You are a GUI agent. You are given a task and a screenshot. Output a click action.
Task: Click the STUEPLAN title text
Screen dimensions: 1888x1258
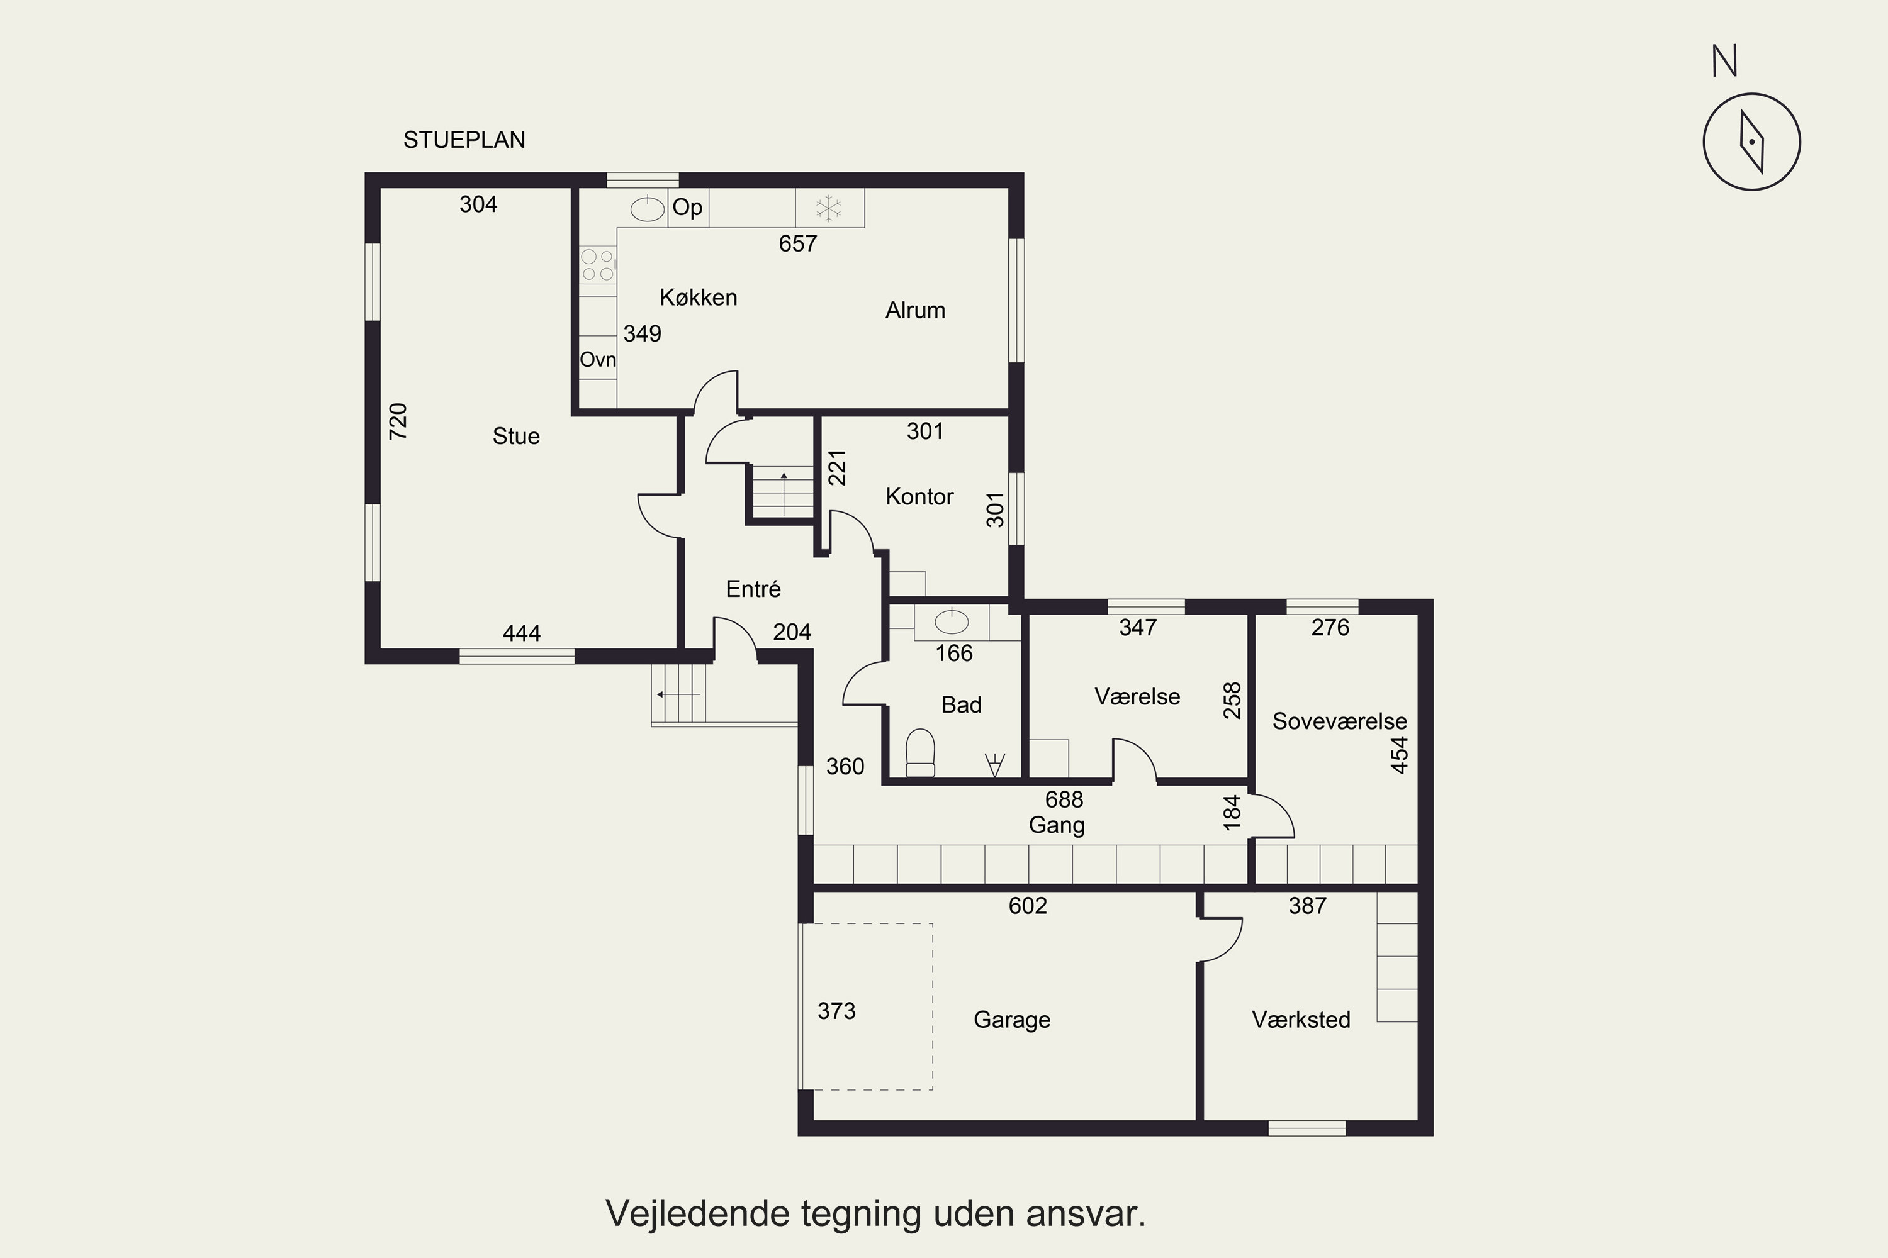click(x=464, y=140)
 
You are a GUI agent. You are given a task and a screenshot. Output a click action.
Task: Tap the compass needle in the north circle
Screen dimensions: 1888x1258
click(x=1751, y=142)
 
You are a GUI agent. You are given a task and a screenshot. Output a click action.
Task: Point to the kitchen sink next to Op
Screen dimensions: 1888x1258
click(x=647, y=209)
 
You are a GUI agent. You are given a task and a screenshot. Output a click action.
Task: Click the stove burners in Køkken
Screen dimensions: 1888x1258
click(x=597, y=265)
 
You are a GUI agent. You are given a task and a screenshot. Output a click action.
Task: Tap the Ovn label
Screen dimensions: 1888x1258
click(x=598, y=359)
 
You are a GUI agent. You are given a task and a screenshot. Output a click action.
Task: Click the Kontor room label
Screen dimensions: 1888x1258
click(x=919, y=497)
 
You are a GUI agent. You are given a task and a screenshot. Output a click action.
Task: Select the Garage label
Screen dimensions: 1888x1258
click(x=1011, y=1020)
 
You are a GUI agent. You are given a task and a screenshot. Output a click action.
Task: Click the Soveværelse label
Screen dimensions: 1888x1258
click(x=1340, y=721)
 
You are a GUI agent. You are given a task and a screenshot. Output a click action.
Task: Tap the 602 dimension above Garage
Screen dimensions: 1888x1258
click(x=1028, y=906)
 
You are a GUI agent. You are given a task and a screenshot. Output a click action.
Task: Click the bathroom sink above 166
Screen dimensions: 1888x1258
click(x=952, y=622)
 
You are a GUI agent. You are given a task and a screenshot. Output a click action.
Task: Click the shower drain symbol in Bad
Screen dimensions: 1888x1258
click(x=994, y=765)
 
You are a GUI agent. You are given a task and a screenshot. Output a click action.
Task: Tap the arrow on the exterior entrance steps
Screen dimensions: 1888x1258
click(x=678, y=694)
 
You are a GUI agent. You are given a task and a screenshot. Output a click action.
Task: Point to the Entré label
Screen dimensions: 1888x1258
click(x=753, y=589)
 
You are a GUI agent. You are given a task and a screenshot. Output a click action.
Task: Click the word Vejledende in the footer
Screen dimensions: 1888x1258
click(x=699, y=1213)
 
